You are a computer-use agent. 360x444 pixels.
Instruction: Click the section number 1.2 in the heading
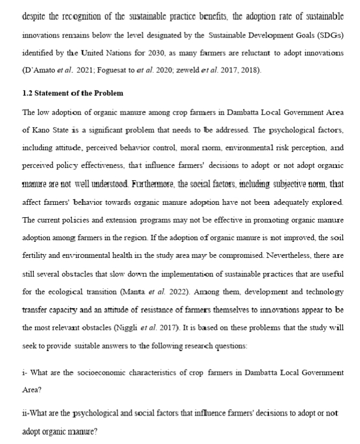click(x=27, y=93)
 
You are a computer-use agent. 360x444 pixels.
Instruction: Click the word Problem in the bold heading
click(x=107, y=93)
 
